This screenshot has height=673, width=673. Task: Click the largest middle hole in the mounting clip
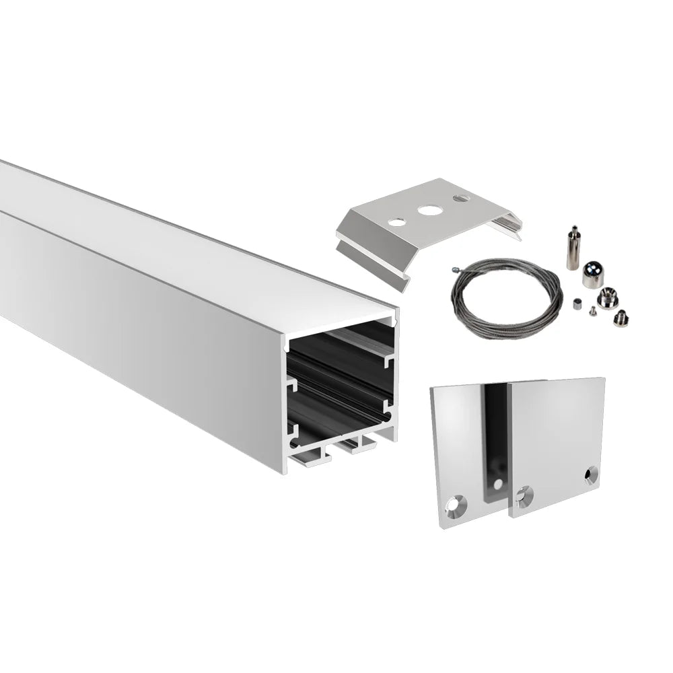(427, 210)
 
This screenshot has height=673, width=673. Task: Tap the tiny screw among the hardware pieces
(590, 311)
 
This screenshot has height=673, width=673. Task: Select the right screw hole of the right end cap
(590, 476)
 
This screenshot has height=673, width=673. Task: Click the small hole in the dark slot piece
(497, 484)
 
